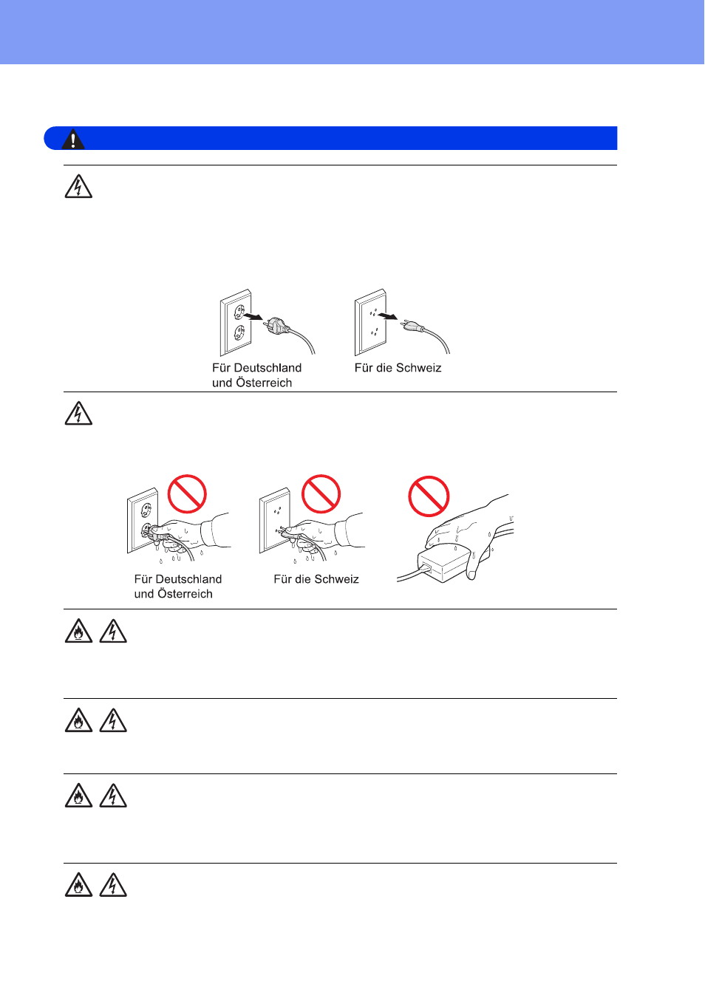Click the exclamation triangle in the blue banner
tap(73, 139)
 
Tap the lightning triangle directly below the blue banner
tap(78, 186)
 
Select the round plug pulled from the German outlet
tap(277, 325)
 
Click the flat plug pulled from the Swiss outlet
tap(412, 325)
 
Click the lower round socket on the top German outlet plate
tap(239, 332)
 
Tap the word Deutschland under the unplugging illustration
tap(268, 368)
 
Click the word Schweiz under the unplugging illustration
tap(418, 368)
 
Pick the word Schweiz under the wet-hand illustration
tap(336, 579)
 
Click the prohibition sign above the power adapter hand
tap(429, 496)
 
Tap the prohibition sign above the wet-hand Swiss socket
tap(321, 493)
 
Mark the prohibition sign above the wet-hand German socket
tap(187, 493)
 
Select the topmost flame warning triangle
tap(78, 631)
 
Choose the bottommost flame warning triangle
tap(78, 884)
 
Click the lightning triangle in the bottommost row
tap(113, 884)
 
